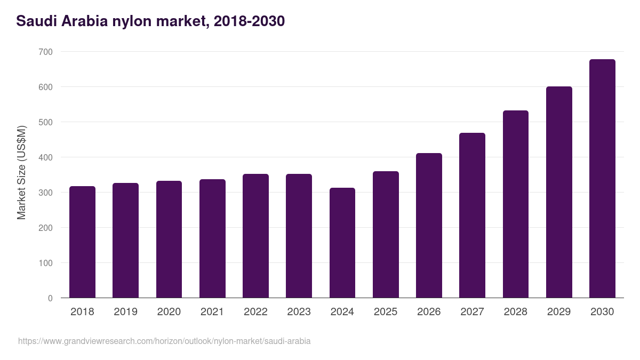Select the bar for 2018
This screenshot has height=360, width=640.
(82, 242)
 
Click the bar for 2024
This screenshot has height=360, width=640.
(342, 243)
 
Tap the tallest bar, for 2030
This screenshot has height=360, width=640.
(602, 179)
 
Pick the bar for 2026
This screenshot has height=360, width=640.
(429, 226)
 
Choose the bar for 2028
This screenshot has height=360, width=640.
(516, 204)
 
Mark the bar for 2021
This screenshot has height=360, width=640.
(212, 238)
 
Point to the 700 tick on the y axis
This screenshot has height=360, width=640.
(46, 52)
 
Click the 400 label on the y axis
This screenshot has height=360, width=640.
(46, 157)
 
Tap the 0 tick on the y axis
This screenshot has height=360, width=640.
(50, 298)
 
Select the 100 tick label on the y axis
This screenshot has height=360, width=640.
(46, 263)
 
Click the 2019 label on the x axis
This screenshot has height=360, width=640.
(125, 312)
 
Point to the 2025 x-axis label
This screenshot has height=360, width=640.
(386, 312)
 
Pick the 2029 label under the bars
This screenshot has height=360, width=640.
(559, 312)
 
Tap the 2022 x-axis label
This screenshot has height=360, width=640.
(255, 312)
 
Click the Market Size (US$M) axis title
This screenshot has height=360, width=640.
(21, 173)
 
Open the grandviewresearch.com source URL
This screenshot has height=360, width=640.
(164, 341)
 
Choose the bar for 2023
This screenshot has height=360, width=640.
(299, 236)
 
